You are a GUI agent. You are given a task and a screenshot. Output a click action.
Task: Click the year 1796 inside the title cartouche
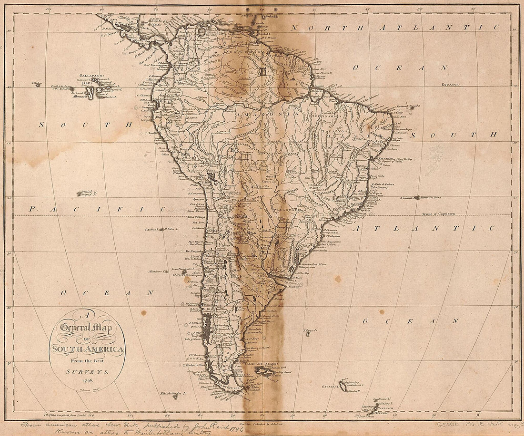point(87,380)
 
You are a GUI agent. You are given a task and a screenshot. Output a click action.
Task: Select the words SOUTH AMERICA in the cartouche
point(87,349)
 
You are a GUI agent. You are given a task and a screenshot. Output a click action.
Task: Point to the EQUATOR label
point(449,84)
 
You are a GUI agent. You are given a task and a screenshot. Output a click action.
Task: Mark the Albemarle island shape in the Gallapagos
point(101,92)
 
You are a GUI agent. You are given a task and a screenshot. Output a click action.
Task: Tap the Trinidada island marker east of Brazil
point(416,197)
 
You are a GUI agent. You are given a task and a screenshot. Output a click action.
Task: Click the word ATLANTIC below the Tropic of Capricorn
point(409,229)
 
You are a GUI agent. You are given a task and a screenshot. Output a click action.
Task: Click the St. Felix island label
point(171,229)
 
